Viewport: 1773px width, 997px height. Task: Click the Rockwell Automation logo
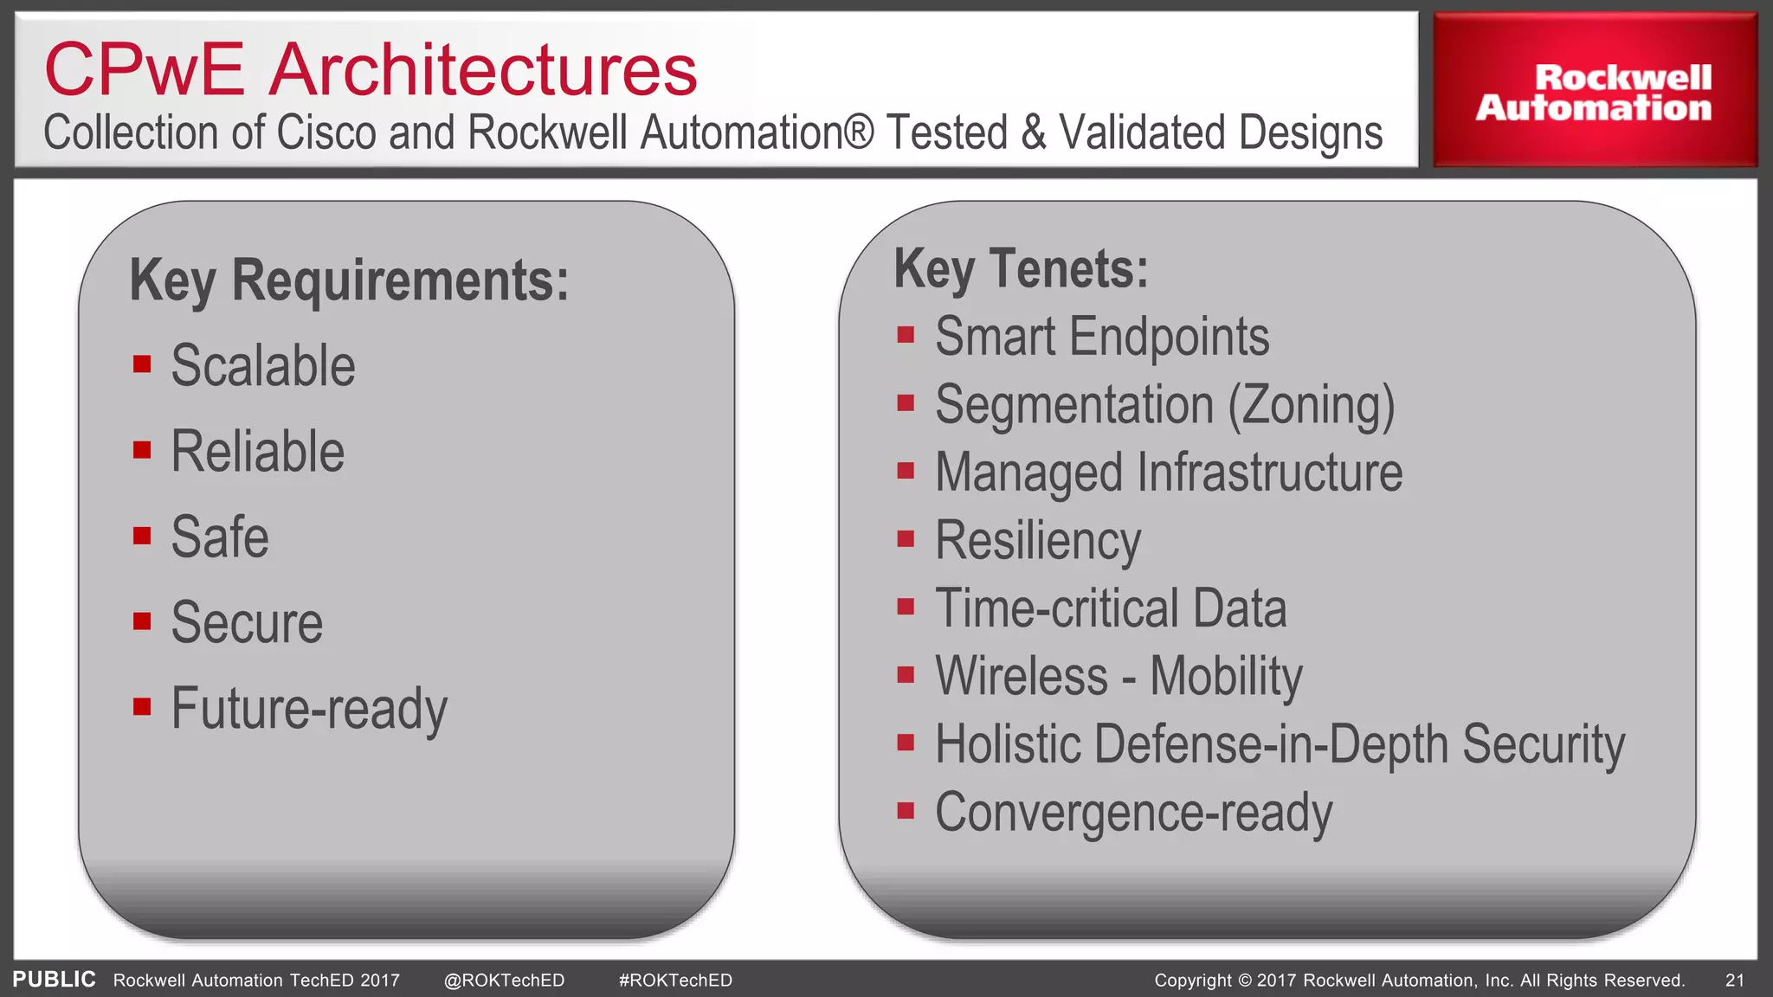pyautogui.click(x=1594, y=92)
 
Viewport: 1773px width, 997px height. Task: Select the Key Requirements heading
pyautogui.click(x=349, y=280)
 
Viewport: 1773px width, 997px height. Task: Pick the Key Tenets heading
pyautogui.click(x=1021, y=268)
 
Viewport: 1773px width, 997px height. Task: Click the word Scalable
pyautogui.click(x=263, y=365)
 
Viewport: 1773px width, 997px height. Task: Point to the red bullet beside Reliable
pyautogui.click(x=142, y=450)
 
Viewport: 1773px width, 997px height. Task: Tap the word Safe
pyautogui.click(x=220, y=537)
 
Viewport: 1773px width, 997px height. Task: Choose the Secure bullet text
pyautogui.click(x=247, y=622)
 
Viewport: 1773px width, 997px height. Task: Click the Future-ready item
pyautogui.click(x=309, y=709)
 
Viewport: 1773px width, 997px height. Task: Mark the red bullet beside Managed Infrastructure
pyautogui.click(x=906, y=471)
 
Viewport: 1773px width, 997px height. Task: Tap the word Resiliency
pyautogui.click(x=1038, y=541)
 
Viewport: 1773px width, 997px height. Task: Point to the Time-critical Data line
pyautogui.click(x=1111, y=608)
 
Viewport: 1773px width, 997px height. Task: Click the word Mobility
pyautogui.click(x=1226, y=676)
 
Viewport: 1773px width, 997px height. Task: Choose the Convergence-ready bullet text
pyautogui.click(x=1133, y=813)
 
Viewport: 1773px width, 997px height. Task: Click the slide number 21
pyautogui.click(x=1734, y=980)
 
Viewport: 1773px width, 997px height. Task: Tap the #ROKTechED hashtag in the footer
pyautogui.click(x=675, y=980)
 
